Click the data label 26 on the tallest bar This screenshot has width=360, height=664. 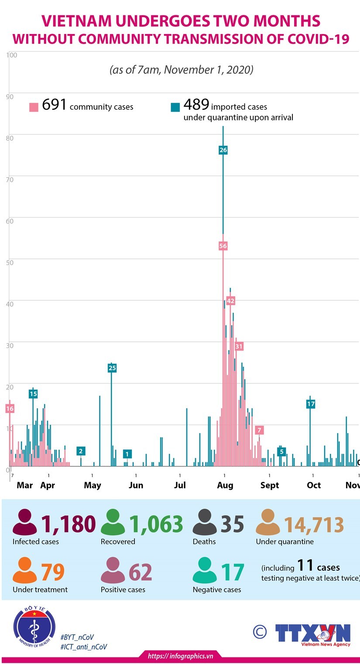[223, 150]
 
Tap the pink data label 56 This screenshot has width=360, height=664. [223, 246]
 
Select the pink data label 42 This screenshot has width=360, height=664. [230, 301]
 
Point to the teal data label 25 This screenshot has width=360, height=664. [112, 368]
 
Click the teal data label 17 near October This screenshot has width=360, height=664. [311, 404]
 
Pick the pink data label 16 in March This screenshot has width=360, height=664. [10, 409]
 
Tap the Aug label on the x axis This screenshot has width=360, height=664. [225, 485]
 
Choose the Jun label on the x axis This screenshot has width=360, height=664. [136, 485]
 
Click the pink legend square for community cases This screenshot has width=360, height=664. [34, 107]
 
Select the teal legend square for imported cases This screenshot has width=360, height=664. [175, 107]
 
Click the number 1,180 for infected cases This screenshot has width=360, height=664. [68, 524]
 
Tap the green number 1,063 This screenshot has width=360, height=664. [155, 524]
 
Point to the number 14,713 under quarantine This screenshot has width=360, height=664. [314, 525]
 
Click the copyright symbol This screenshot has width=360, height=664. [260, 631]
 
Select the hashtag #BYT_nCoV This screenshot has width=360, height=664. [77, 637]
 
